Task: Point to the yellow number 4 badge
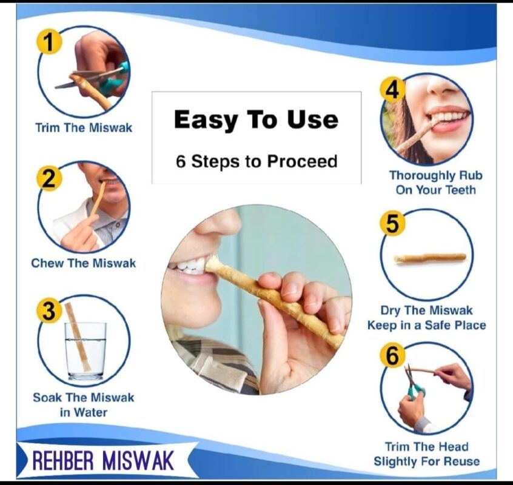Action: tap(393, 90)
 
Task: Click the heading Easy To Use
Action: tap(256, 119)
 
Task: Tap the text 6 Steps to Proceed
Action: tap(256, 161)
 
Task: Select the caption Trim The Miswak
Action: tap(84, 128)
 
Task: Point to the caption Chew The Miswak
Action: tap(84, 263)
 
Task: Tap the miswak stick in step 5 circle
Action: tap(430, 258)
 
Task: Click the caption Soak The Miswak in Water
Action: tap(84, 405)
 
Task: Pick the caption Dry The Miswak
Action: tap(426, 310)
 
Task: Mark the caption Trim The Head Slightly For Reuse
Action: tap(426, 454)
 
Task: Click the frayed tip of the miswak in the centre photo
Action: tap(213, 264)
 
